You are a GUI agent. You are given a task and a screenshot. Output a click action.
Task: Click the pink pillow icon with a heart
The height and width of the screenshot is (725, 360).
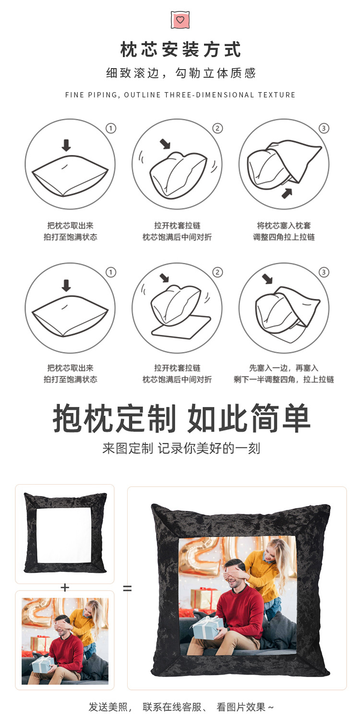tap(180, 20)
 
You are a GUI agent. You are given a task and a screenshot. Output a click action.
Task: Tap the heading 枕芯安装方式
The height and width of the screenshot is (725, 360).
tap(180, 50)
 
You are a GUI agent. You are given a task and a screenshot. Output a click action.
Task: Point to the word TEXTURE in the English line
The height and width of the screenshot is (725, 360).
tap(276, 95)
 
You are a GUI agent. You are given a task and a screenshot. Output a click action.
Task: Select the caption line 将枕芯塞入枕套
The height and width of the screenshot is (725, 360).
tap(284, 226)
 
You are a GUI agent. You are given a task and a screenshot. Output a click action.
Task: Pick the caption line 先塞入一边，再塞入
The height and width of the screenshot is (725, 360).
tap(284, 368)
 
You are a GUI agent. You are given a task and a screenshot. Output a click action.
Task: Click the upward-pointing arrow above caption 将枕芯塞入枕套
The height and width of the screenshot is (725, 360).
tap(287, 193)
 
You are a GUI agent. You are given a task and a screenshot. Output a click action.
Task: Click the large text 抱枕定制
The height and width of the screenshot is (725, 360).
tap(115, 418)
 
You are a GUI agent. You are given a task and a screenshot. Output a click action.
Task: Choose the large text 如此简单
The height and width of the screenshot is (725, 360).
tap(249, 418)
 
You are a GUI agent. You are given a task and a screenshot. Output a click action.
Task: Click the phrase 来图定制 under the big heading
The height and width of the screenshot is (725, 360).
tap(128, 448)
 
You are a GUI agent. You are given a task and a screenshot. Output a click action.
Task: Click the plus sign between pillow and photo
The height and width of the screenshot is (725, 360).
tap(65, 588)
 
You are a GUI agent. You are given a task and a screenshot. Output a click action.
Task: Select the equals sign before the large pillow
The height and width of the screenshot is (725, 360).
tap(127, 588)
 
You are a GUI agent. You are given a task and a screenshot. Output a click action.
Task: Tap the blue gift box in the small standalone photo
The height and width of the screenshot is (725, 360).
tap(42, 665)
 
